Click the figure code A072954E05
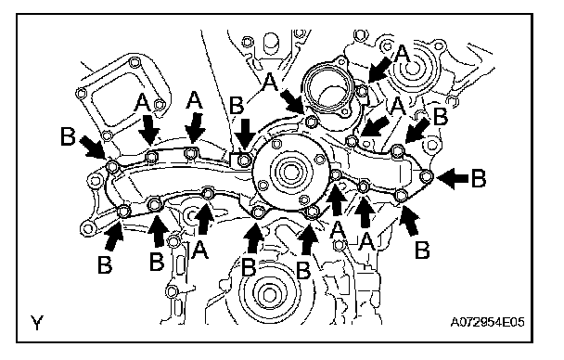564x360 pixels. point(487,322)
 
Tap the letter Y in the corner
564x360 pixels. point(37,323)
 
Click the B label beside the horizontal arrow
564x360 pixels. point(479,178)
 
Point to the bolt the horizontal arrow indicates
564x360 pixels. point(427,176)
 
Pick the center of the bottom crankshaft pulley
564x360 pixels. point(269,295)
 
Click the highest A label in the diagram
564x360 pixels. point(403,54)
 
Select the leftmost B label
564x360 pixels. point(68,136)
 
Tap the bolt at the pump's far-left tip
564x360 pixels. point(112,166)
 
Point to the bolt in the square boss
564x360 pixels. point(244,160)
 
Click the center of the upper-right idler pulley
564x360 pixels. point(412,68)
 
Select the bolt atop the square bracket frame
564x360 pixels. point(134,63)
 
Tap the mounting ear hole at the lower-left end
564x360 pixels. point(87,228)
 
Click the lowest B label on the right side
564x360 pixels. point(422,250)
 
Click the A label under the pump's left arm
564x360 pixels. point(200,250)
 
